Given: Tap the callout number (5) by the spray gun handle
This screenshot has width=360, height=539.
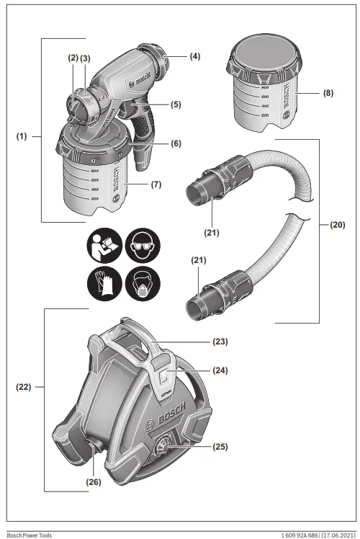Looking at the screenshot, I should click(x=176, y=104).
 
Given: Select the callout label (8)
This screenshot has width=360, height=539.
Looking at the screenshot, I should click(x=328, y=93).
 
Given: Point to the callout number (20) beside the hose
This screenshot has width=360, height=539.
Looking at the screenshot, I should click(x=338, y=225).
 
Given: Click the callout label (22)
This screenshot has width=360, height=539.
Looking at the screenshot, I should click(x=24, y=387).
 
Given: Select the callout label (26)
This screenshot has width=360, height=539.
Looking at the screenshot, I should click(x=94, y=482).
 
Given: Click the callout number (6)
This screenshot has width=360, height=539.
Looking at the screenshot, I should click(x=176, y=143).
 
